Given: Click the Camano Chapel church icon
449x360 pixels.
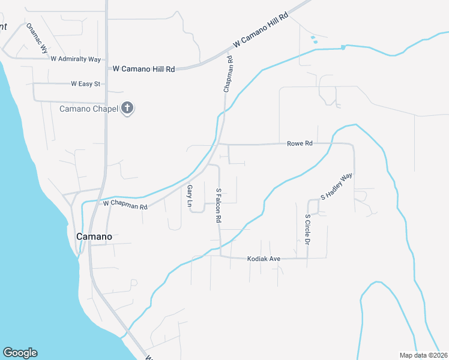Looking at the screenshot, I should [127, 109].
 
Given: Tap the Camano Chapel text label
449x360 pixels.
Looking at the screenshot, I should [89, 109].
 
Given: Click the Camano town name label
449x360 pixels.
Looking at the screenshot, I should [94, 236].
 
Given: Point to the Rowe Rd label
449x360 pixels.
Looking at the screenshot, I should [300, 143].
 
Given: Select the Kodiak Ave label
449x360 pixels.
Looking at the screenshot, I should [264, 259].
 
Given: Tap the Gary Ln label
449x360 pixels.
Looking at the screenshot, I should [190, 196].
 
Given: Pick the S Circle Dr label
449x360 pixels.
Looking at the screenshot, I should [307, 229].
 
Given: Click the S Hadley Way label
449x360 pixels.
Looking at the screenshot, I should [336, 187].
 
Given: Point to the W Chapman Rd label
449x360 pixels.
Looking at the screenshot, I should [125, 205].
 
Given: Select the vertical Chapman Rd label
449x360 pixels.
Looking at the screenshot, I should [228, 74].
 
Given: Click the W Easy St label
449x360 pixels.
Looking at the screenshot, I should [85, 84].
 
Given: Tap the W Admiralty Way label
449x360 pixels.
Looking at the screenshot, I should [76, 59].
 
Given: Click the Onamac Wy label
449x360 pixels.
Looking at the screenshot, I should [37, 39].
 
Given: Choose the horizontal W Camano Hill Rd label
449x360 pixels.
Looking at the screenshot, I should [144, 69].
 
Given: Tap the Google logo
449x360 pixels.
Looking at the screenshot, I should [20, 353].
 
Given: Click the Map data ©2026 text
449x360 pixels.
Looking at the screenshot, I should [423, 355].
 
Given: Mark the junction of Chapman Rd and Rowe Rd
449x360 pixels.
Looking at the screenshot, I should [218, 144].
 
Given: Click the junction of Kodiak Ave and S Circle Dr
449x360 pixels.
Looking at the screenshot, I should [307, 258].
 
